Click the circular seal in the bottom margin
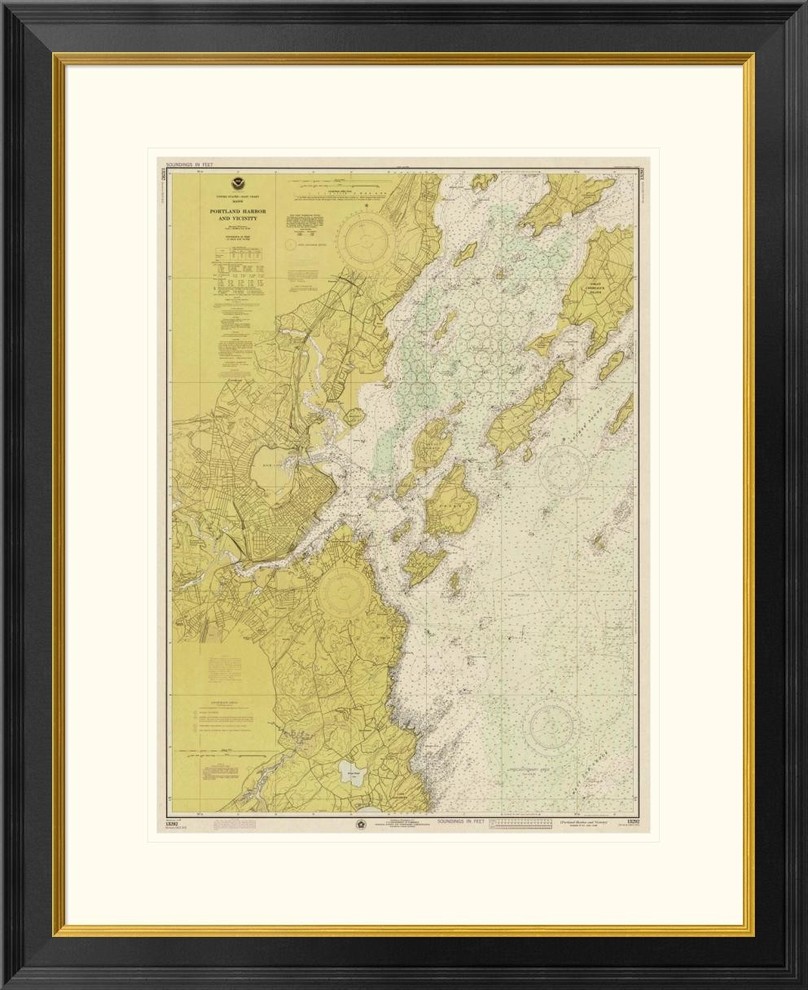click(358, 824)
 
